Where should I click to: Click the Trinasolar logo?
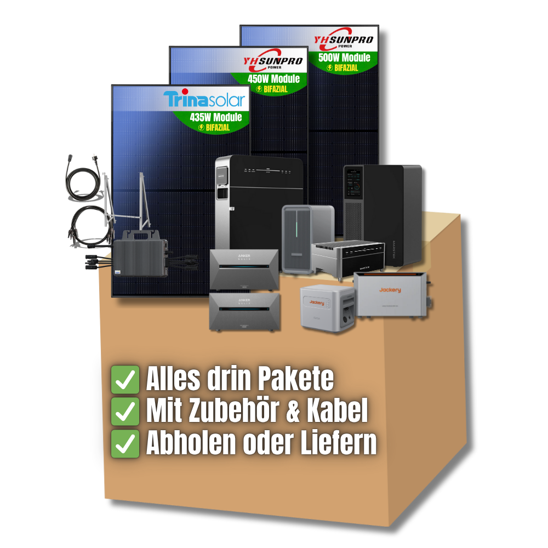204,100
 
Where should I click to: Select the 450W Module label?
274,79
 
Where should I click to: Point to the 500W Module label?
344,58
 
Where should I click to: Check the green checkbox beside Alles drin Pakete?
125,380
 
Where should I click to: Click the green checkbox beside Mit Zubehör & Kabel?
125,412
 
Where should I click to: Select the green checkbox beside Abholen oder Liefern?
125,444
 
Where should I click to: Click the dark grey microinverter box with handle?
141,253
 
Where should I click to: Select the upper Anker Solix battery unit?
244,269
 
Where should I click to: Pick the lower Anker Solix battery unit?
244,311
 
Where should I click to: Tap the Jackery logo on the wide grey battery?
390,289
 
